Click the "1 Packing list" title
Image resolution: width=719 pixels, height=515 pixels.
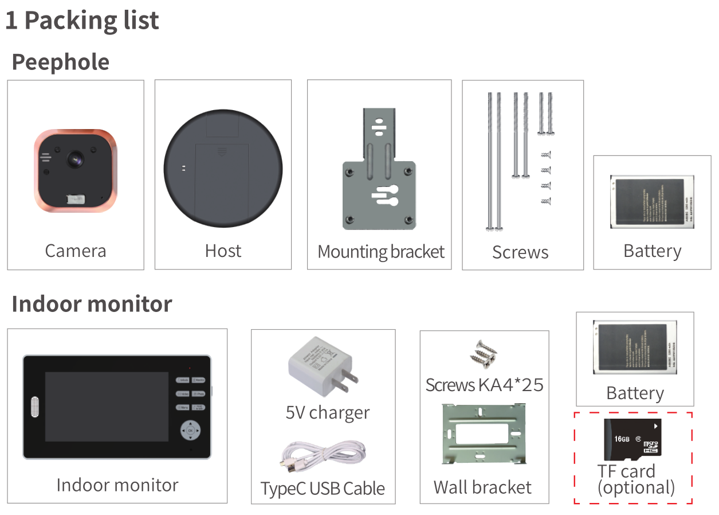(82, 21)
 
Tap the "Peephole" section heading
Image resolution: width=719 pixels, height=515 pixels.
(61, 62)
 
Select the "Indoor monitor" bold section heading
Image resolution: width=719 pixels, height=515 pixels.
(92, 304)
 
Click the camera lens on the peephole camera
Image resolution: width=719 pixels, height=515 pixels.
(76, 159)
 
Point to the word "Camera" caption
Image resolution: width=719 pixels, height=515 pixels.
(75, 251)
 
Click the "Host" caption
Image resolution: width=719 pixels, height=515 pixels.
(223, 251)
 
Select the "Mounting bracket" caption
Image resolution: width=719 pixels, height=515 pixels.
(381, 252)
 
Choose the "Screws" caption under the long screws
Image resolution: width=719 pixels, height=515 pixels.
(520, 252)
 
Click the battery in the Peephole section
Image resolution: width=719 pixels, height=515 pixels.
(651, 202)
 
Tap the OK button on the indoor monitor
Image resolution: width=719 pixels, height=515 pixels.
(191, 430)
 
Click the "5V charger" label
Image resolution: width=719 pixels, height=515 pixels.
(328, 413)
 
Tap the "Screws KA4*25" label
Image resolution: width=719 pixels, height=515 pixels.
(484, 384)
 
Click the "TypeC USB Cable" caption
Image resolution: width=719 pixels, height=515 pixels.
(323, 489)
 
